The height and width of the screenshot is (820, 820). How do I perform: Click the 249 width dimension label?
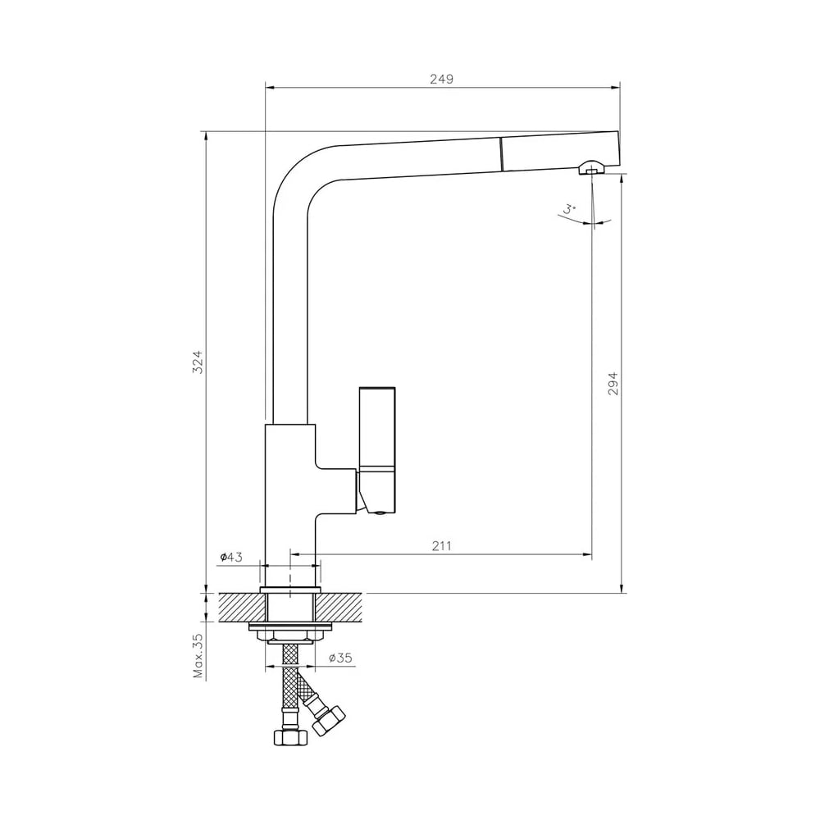(441, 79)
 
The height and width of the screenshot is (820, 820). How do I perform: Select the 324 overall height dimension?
(197, 362)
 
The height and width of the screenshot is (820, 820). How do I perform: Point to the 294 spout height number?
(613, 383)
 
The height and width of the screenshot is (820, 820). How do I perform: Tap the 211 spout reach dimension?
(441, 546)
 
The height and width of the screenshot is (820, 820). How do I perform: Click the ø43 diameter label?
(231, 557)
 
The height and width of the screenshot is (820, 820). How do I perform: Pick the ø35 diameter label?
(340, 658)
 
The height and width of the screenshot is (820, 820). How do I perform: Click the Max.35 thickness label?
(198, 656)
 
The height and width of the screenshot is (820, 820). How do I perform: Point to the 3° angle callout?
(569, 210)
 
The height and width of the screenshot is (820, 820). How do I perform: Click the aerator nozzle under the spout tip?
(591, 168)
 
